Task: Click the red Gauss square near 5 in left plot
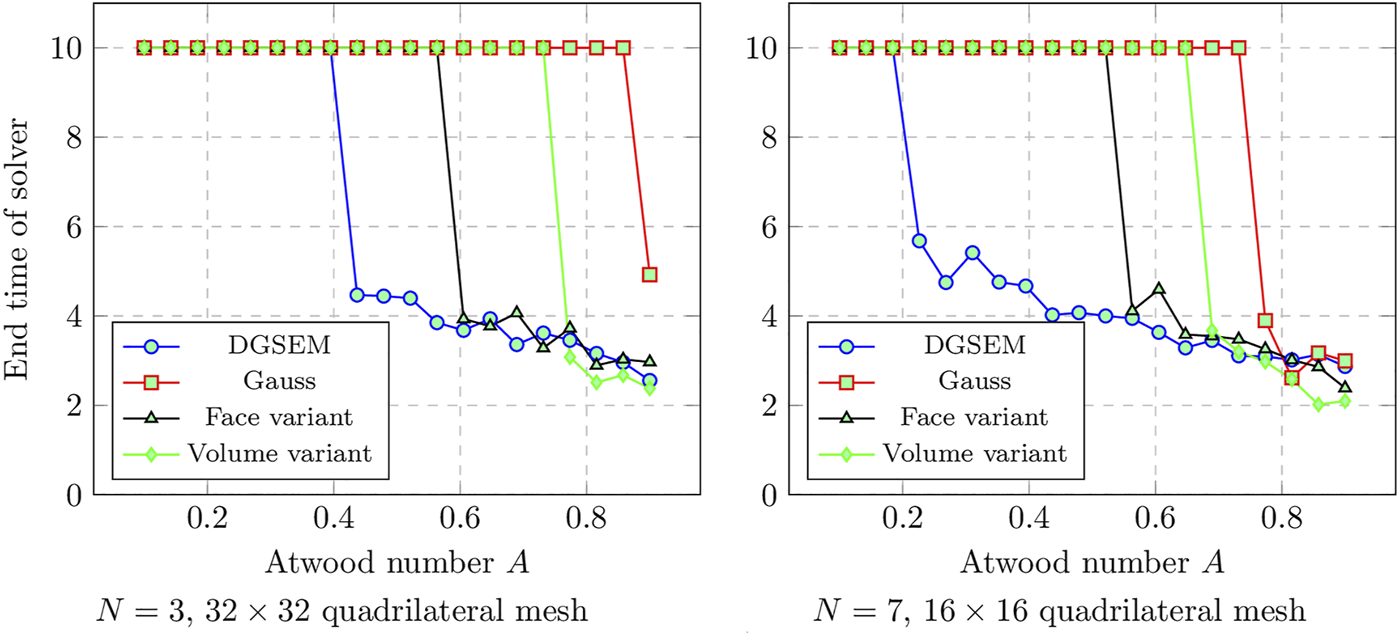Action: (x=649, y=274)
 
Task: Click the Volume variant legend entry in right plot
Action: (x=975, y=452)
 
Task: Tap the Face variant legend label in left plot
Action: (x=279, y=417)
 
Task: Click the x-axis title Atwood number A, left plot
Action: (x=396, y=562)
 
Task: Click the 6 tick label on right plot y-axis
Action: (x=768, y=227)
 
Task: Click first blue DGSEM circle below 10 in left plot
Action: (x=357, y=294)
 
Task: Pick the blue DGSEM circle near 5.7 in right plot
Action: (x=919, y=240)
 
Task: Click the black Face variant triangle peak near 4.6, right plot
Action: (x=1159, y=289)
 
